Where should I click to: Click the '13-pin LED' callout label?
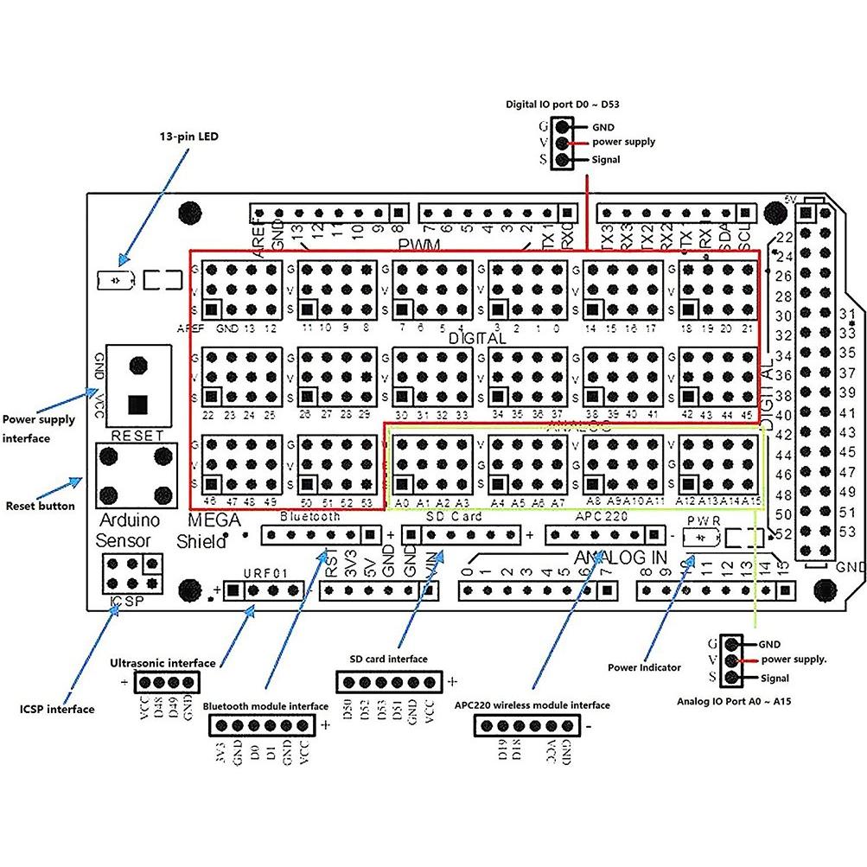[189, 137]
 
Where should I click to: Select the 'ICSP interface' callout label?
[56, 709]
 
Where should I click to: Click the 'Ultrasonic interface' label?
[163, 663]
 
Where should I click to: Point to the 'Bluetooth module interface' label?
[265, 705]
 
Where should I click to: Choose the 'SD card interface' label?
[388, 658]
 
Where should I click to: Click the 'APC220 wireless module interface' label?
[532, 704]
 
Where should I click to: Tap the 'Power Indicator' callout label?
[643, 666]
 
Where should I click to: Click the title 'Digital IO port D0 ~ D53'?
[562, 105]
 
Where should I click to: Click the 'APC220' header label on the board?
[596, 517]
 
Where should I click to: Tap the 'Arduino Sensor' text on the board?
[126, 531]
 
